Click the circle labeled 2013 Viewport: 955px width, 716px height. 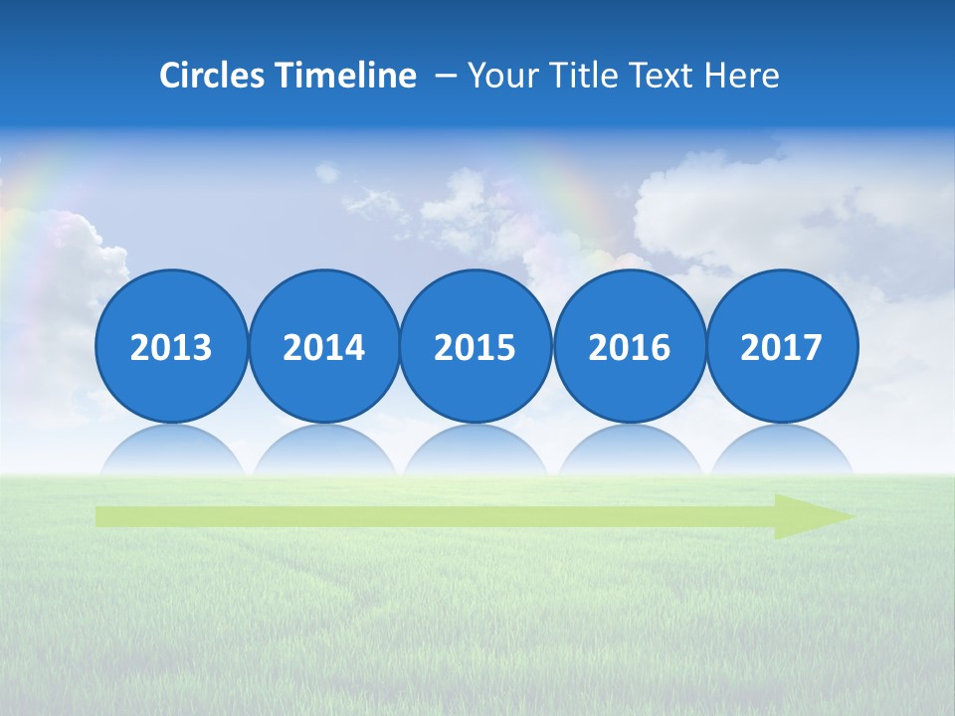(171, 346)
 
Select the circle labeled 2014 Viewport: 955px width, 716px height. (323, 346)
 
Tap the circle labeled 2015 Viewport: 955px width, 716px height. (476, 346)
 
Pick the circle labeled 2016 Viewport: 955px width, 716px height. (629, 346)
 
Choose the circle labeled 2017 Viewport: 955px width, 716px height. (781, 346)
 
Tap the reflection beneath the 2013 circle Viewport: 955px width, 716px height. (171, 452)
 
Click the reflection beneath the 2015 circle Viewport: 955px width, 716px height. (476, 452)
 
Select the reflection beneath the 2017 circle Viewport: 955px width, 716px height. (781, 452)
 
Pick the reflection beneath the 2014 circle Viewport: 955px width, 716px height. (323, 452)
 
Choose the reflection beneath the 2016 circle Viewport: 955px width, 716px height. (629, 452)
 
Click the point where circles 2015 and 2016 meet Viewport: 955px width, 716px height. (552, 346)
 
